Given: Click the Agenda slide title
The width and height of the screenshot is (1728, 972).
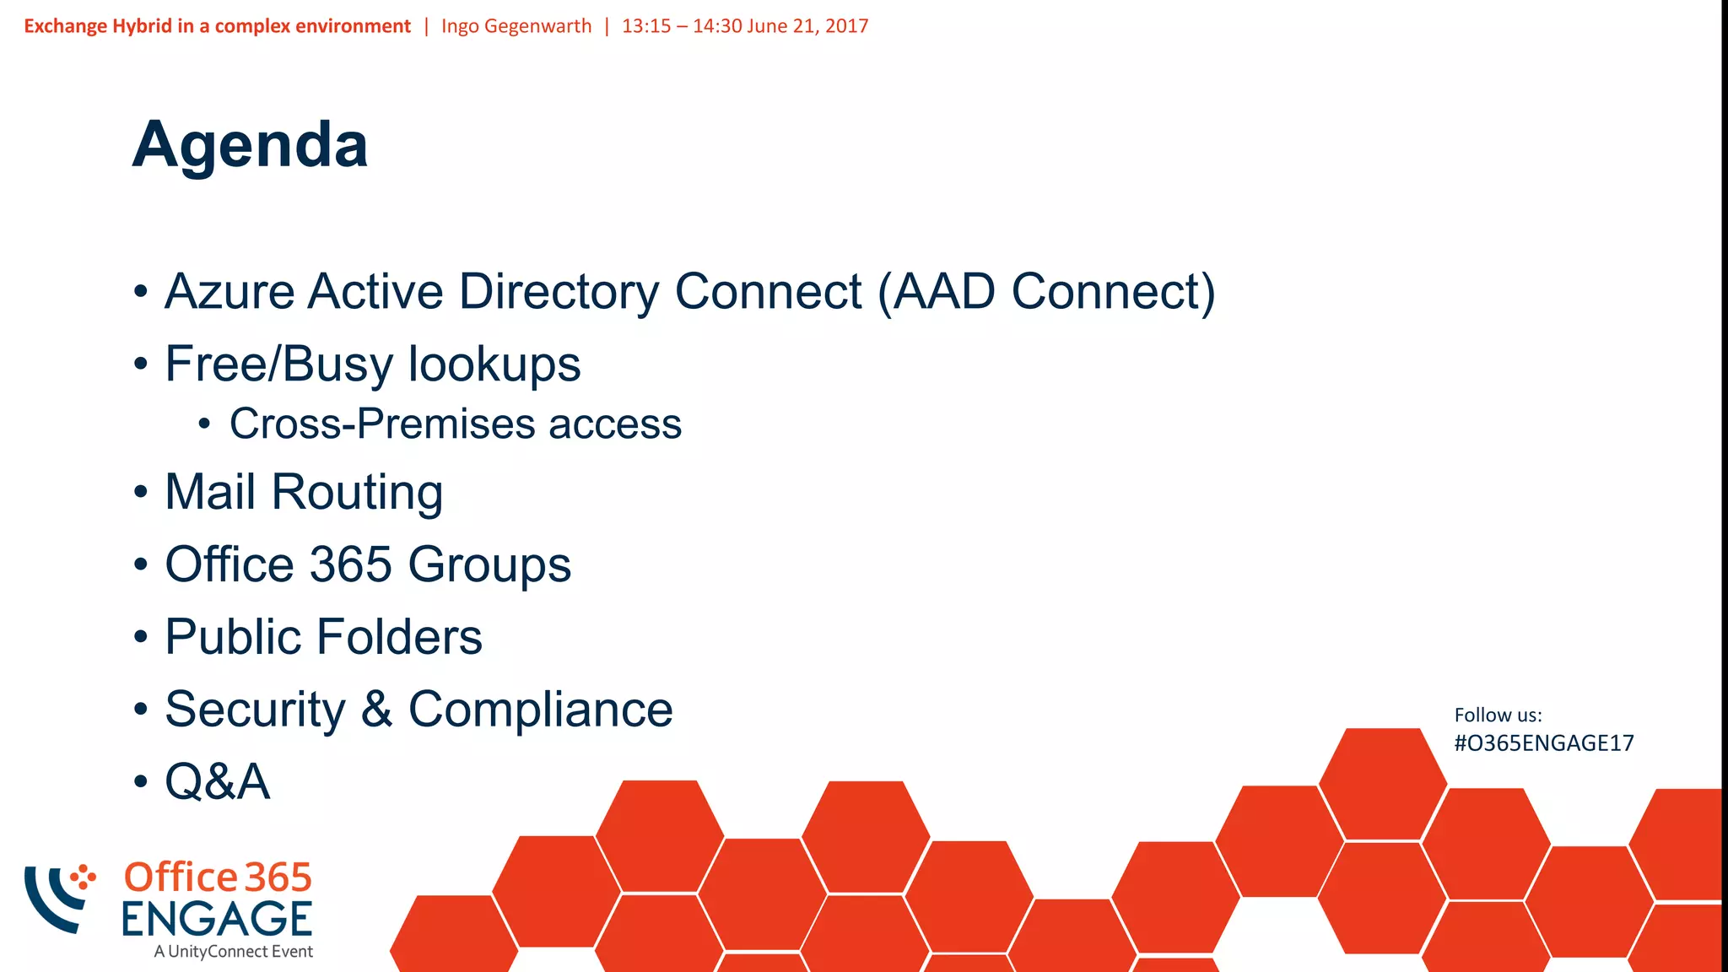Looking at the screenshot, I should (250, 145).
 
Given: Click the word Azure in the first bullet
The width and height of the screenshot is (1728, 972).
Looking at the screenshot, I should (229, 292).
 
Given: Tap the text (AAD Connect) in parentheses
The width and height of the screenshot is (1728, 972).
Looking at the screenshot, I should (1046, 292).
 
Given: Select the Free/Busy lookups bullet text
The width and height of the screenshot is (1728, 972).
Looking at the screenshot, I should (372, 364).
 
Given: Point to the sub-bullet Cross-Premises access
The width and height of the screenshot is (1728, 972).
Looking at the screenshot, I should (455, 424).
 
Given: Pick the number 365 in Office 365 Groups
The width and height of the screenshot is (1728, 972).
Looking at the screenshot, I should (350, 564).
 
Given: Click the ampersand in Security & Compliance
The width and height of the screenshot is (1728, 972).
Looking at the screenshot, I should (376, 710).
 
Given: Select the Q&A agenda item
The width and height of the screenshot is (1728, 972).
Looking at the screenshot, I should (217, 782).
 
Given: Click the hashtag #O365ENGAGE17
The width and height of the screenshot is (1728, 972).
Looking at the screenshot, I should (1543, 743).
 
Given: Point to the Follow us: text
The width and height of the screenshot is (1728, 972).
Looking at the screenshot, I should (1498, 715).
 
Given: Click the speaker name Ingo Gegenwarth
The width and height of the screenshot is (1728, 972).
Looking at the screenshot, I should (516, 26).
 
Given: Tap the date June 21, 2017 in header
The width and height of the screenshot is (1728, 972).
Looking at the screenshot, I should (807, 26).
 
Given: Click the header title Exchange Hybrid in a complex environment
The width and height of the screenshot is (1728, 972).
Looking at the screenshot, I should (217, 26).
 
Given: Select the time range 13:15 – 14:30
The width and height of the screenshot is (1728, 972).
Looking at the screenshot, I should (682, 26).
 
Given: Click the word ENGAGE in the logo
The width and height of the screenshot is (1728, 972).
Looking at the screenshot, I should (217, 919).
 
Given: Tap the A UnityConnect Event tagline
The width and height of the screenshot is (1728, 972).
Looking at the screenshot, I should (233, 952).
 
